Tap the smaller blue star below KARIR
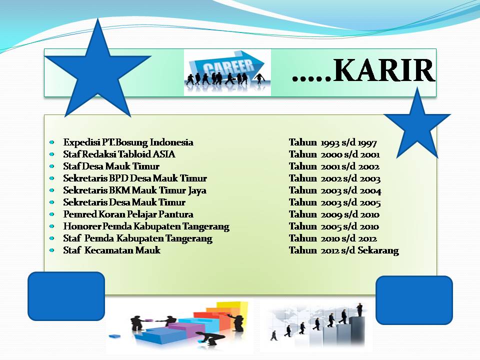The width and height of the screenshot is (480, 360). pos(417,125)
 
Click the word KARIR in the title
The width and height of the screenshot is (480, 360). pos(383,70)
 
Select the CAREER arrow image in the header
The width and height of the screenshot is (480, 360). pos(227,73)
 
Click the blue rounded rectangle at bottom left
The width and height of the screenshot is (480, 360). pos(66,296)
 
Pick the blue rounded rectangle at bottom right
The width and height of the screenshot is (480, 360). pos(414,300)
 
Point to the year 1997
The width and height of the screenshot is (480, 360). pos(367,143)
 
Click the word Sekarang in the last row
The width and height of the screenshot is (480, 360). pos(378,250)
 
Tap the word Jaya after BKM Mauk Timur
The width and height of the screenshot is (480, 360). pos(197,190)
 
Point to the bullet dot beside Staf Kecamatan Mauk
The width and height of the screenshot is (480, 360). pos(51,250)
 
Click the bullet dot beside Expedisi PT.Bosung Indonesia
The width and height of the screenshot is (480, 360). pos(51,142)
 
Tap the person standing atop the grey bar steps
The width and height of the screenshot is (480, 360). pos(359,309)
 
